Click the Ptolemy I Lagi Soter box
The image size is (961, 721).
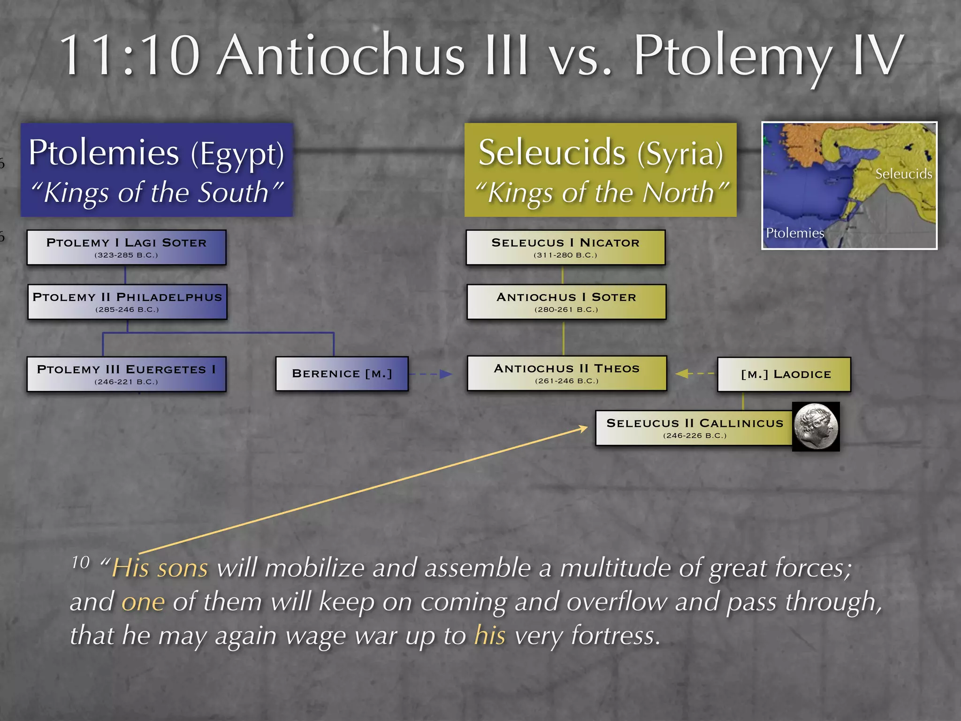126,247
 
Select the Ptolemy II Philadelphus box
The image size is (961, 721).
127,302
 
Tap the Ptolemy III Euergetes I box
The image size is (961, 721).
126,374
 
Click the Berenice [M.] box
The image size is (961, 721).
342,374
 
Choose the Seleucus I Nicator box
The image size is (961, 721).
565,247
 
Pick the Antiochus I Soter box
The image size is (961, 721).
566,302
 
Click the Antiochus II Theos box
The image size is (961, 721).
566,373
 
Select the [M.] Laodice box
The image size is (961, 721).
784,374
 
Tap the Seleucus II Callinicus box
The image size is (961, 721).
694,428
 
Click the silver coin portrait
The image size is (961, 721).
816,427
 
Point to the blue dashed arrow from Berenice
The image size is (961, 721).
430,374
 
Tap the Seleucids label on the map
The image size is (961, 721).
903,174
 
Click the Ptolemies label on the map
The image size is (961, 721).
794,233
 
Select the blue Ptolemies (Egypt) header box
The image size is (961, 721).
157,169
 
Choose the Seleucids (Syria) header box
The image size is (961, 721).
600,169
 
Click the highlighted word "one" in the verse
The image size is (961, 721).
143,602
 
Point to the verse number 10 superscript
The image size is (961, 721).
80,562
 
